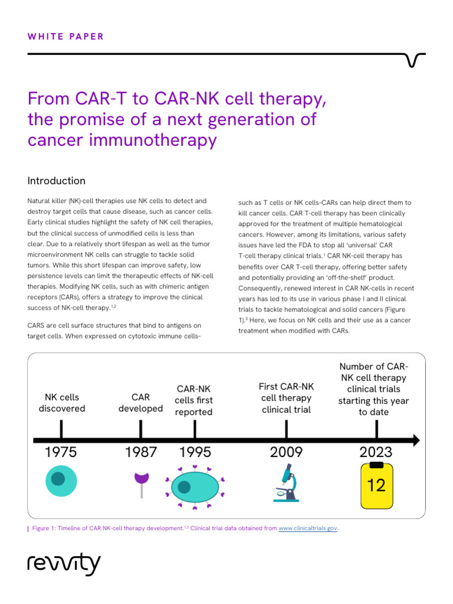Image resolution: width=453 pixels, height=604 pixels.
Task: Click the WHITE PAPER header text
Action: (x=65, y=37)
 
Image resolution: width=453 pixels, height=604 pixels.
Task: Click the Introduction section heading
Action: (x=57, y=181)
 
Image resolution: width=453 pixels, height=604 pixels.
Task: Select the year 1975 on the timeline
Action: (x=61, y=452)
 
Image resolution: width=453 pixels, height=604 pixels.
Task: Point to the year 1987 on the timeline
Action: (x=141, y=452)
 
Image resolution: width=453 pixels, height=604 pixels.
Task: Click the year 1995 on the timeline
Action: (x=195, y=452)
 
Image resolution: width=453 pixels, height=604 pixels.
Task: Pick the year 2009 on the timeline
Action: (x=286, y=452)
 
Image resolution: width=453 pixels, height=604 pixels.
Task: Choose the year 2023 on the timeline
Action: (x=376, y=452)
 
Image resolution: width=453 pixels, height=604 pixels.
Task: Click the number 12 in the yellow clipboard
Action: (x=376, y=485)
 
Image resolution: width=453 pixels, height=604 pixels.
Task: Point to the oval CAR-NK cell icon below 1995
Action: (x=195, y=487)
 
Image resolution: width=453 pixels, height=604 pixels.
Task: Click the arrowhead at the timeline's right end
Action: (x=416, y=440)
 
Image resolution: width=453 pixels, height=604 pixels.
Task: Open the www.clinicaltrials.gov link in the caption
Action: (x=307, y=528)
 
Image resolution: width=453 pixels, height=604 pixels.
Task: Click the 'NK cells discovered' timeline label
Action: (x=61, y=403)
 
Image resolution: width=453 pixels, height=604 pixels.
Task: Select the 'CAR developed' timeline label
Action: (x=140, y=403)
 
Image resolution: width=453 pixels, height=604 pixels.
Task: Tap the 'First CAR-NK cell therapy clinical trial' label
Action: (x=286, y=398)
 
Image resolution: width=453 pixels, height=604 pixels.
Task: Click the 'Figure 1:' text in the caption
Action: (x=45, y=528)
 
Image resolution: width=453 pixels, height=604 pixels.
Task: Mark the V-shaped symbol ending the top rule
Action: (x=416, y=60)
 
